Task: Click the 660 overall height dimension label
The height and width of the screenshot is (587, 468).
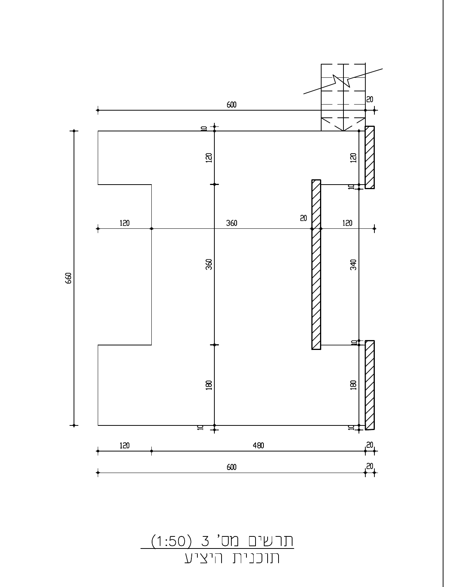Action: (68, 278)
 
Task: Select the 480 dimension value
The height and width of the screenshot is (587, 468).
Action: (258, 445)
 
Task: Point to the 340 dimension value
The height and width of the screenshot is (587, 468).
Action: (353, 265)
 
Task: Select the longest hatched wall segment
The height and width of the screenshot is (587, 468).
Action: (316, 265)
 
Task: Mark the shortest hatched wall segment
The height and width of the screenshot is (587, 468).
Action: (370, 157)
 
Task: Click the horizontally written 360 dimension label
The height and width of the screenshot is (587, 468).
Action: (231, 223)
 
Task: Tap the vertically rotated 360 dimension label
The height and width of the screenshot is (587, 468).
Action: (209, 264)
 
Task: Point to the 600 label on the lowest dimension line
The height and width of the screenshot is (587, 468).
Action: (231, 467)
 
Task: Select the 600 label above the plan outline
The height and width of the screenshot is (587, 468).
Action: (231, 105)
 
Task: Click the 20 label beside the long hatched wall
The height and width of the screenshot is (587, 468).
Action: (303, 218)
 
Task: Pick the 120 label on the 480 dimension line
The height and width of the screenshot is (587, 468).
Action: (125, 445)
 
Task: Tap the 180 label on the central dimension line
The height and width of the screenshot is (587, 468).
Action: (209, 385)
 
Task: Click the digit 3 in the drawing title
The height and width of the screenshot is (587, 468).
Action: (205, 541)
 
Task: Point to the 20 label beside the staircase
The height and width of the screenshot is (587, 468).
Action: (369, 100)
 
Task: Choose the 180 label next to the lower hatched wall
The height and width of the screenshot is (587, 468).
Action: (353, 385)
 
